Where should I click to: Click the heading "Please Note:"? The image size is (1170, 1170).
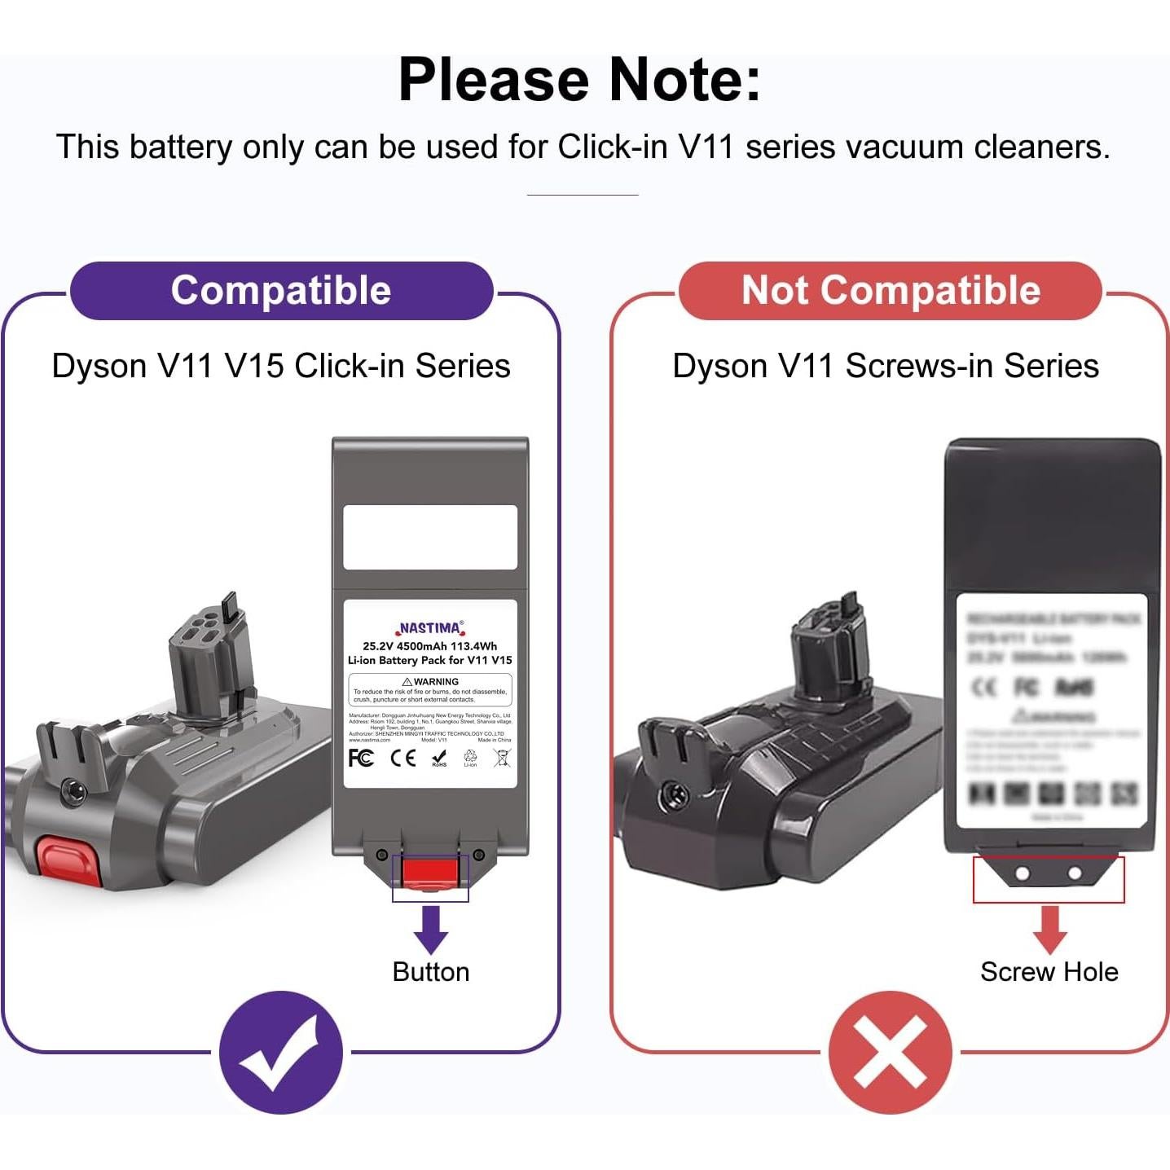click(x=579, y=80)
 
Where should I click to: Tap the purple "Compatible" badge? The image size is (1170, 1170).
click(x=281, y=291)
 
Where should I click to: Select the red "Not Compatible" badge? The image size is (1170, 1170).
click(x=891, y=291)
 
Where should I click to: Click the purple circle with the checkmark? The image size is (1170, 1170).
click(x=281, y=1052)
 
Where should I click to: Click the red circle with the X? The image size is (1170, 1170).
click(x=890, y=1052)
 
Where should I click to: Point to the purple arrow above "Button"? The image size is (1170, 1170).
click(x=430, y=929)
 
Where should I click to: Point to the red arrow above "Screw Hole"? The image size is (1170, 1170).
click(x=1049, y=929)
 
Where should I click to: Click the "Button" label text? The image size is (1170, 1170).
click(x=430, y=972)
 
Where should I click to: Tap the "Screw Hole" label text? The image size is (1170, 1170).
click(x=1049, y=972)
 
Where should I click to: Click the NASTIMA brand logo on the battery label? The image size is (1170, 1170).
click(x=430, y=628)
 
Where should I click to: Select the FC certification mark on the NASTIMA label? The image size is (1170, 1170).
click(x=360, y=758)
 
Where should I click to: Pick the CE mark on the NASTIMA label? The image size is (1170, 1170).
click(x=402, y=758)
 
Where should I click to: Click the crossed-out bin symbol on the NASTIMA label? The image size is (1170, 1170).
click(x=502, y=758)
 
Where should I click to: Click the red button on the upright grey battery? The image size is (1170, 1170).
click(x=430, y=873)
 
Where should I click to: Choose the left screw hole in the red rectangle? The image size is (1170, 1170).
click(x=1022, y=873)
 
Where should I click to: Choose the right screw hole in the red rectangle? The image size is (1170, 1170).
click(x=1075, y=873)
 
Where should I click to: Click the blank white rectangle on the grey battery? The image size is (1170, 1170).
click(x=430, y=537)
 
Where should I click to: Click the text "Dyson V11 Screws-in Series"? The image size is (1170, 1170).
click(x=886, y=366)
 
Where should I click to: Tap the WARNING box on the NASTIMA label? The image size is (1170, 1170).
click(x=430, y=689)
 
